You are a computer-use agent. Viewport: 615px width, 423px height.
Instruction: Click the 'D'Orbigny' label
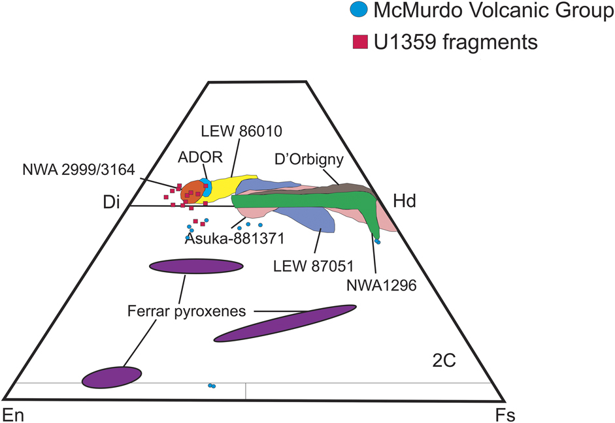[315, 159]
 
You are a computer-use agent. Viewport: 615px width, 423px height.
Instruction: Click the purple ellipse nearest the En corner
[111, 377]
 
